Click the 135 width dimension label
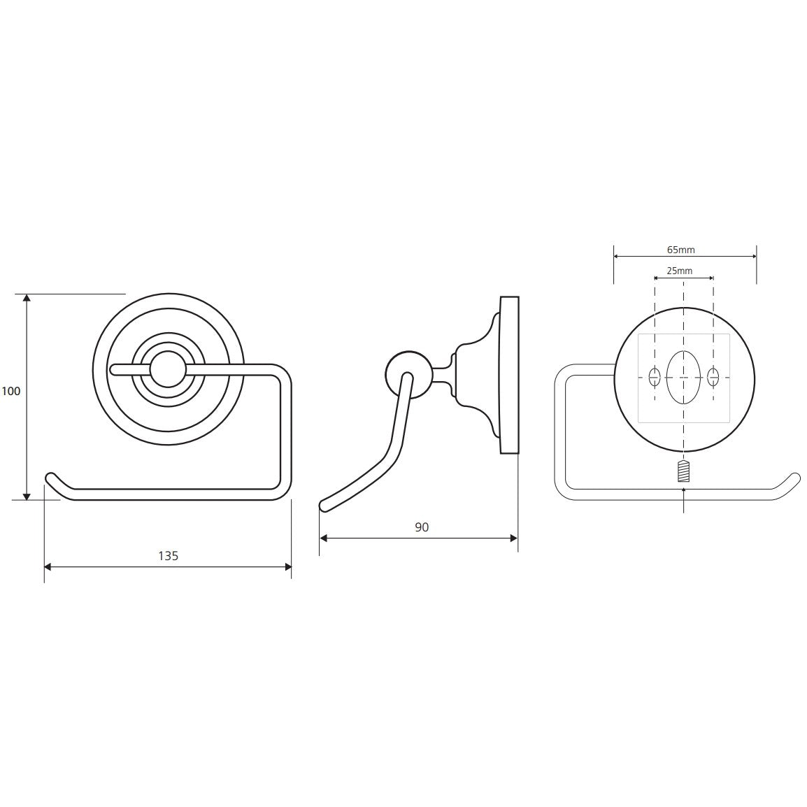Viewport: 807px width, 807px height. click(168, 556)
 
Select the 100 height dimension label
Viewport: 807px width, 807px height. click(10, 391)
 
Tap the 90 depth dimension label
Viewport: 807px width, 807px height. click(422, 527)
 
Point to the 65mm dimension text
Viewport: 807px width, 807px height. click(681, 250)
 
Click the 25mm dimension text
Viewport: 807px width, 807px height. click(679, 271)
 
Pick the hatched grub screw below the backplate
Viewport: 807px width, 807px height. click(683, 471)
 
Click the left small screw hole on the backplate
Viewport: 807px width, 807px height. click(655, 377)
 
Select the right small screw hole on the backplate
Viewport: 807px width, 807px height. click(713, 377)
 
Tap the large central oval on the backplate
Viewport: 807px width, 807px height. click(683, 378)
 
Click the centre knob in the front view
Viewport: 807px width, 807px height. click(166, 370)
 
